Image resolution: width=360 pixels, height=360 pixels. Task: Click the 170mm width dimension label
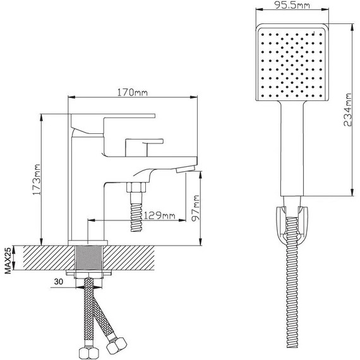click(x=133, y=92)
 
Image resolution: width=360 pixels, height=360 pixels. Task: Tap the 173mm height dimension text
click(x=37, y=179)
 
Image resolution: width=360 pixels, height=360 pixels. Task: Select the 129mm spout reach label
click(x=159, y=216)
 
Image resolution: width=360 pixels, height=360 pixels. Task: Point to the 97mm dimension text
click(x=195, y=208)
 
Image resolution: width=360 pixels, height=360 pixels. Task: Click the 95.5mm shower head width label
click(x=292, y=5)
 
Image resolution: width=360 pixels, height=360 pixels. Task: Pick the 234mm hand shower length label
click(x=347, y=110)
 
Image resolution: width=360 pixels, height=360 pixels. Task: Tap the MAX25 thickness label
click(x=8, y=261)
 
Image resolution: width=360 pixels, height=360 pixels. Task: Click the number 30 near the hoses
click(x=58, y=282)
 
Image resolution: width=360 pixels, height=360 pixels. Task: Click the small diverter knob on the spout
click(x=144, y=147)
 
